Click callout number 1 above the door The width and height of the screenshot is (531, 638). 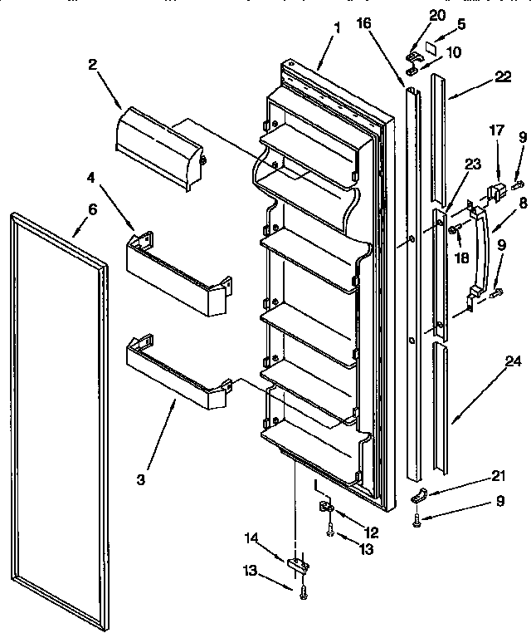pyautogui.click(x=338, y=27)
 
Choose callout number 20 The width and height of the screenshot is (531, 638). pyautogui.click(x=437, y=14)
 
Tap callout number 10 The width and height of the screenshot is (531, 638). pyautogui.click(x=455, y=52)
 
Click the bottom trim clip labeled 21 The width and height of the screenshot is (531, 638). pyautogui.click(x=419, y=497)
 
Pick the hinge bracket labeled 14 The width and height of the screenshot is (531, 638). pyautogui.click(x=298, y=565)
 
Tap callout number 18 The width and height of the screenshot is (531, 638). pyautogui.click(x=461, y=258)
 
